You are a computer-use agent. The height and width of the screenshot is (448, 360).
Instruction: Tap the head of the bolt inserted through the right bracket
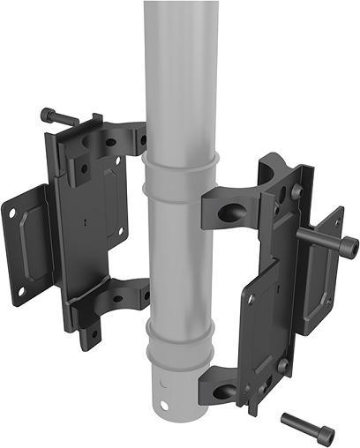[x=348, y=246]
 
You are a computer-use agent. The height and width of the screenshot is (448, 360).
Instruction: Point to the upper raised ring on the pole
[x=181, y=169]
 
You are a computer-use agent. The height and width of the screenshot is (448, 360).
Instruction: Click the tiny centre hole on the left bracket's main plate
[x=85, y=220]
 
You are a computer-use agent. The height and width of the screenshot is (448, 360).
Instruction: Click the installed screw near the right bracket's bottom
[x=281, y=365]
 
